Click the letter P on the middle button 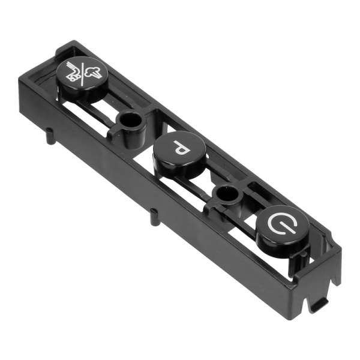click(182, 148)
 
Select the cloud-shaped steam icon click(92, 71)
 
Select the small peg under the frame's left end click(49, 136)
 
